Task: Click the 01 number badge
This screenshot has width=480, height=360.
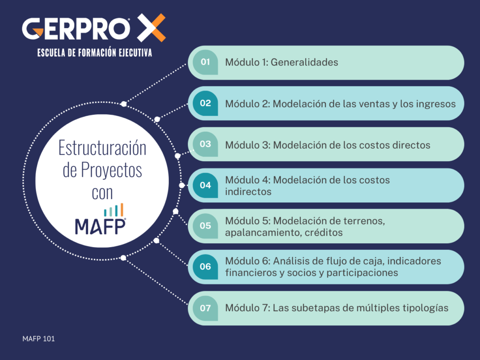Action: tap(205, 62)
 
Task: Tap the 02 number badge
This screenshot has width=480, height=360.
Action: tap(205, 104)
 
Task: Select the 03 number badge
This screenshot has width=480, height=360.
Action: tap(205, 144)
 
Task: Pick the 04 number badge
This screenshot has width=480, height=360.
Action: tap(205, 185)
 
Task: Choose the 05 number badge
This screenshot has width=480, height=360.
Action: tap(205, 226)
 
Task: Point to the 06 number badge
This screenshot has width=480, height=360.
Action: tap(205, 267)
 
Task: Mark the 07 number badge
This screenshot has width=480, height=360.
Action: tap(205, 308)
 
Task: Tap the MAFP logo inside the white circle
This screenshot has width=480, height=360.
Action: tap(100, 226)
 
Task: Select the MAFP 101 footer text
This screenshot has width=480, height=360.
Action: tap(38, 338)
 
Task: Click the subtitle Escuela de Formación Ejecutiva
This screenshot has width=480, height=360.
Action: tap(95, 53)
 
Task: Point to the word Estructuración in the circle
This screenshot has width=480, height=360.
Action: tap(102, 148)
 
